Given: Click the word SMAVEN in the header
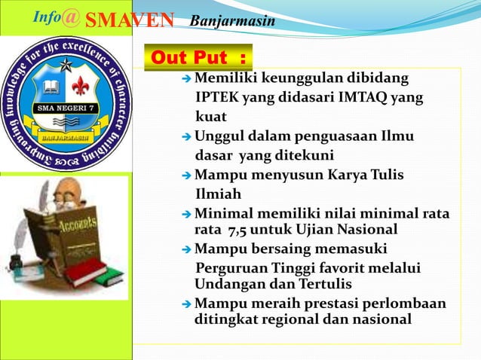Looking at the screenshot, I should pyautogui.click(x=129, y=20).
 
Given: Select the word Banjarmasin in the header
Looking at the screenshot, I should pyautogui.click(x=232, y=20).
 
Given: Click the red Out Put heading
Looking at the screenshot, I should pyautogui.click(x=199, y=56).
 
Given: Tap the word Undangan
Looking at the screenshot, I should pyautogui.click(x=223, y=284).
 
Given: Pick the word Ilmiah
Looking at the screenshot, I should pyautogui.click(x=219, y=194).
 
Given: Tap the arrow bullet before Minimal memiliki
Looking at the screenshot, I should pyautogui.click(x=188, y=215).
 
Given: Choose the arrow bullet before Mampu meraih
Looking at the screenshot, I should pyautogui.click(x=188, y=304).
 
